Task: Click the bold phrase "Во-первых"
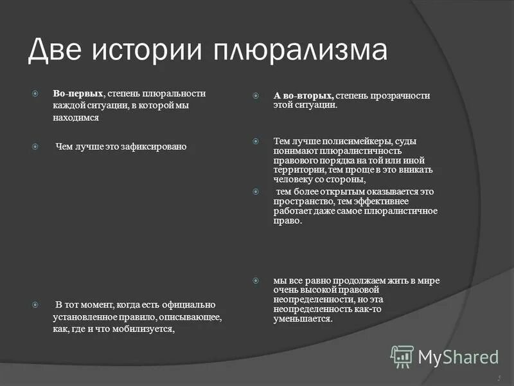click(78, 93)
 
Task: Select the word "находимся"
click(76, 118)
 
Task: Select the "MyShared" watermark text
click(458, 356)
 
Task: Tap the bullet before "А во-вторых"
click(256, 95)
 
